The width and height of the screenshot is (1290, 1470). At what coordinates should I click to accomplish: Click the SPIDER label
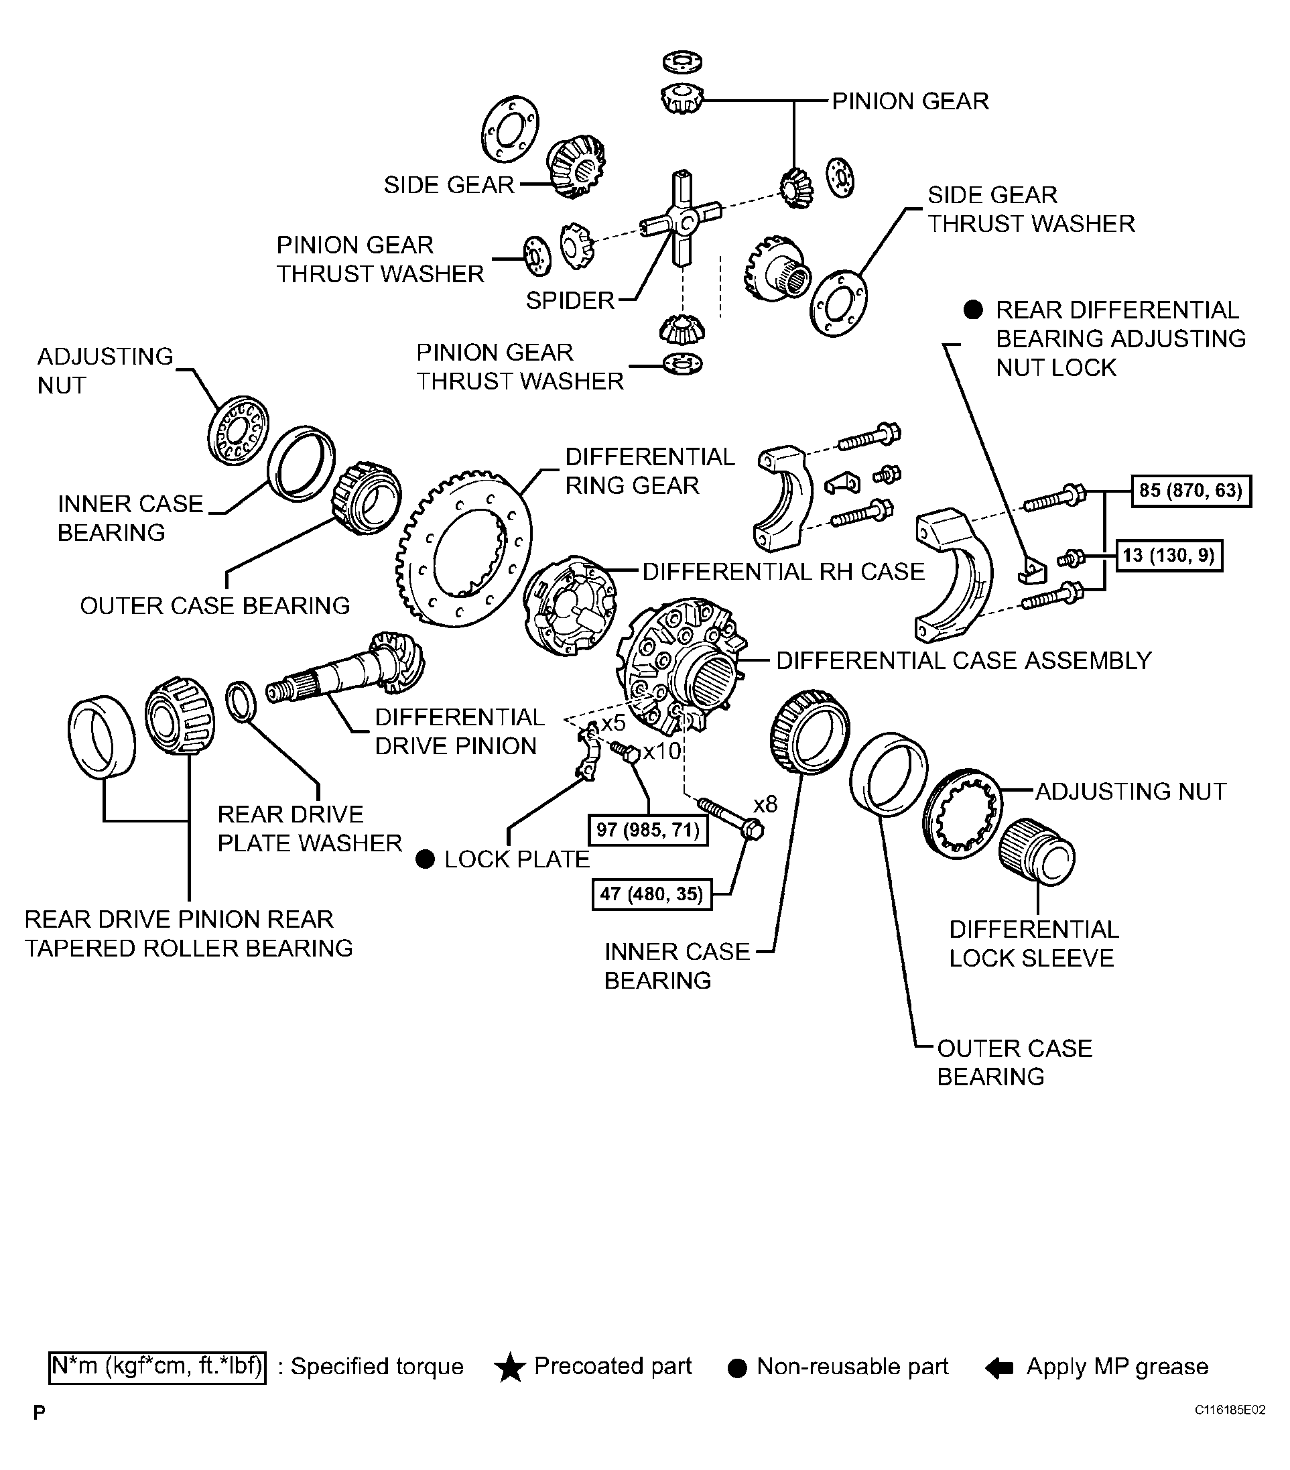point(570,300)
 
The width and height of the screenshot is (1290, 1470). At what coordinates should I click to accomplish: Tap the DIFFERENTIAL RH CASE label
point(783,572)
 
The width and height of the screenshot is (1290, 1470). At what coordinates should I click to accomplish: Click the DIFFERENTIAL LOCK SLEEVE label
point(1033,944)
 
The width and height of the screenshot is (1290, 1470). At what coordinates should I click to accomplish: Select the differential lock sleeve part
point(1036,852)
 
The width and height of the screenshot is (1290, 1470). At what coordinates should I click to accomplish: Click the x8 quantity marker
point(765,803)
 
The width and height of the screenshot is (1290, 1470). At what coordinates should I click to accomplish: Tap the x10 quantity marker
point(661,751)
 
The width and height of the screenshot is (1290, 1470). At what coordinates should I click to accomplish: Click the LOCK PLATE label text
point(516,859)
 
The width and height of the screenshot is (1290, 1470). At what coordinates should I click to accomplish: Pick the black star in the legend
point(510,1367)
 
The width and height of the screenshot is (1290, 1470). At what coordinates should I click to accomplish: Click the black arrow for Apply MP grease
point(998,1368)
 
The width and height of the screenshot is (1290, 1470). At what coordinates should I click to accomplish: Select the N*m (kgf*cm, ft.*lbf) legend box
point(157,1367)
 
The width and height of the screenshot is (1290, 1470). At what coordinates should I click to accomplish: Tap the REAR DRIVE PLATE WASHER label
point(309,829)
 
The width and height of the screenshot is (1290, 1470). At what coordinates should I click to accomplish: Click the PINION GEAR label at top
point(910,101)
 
